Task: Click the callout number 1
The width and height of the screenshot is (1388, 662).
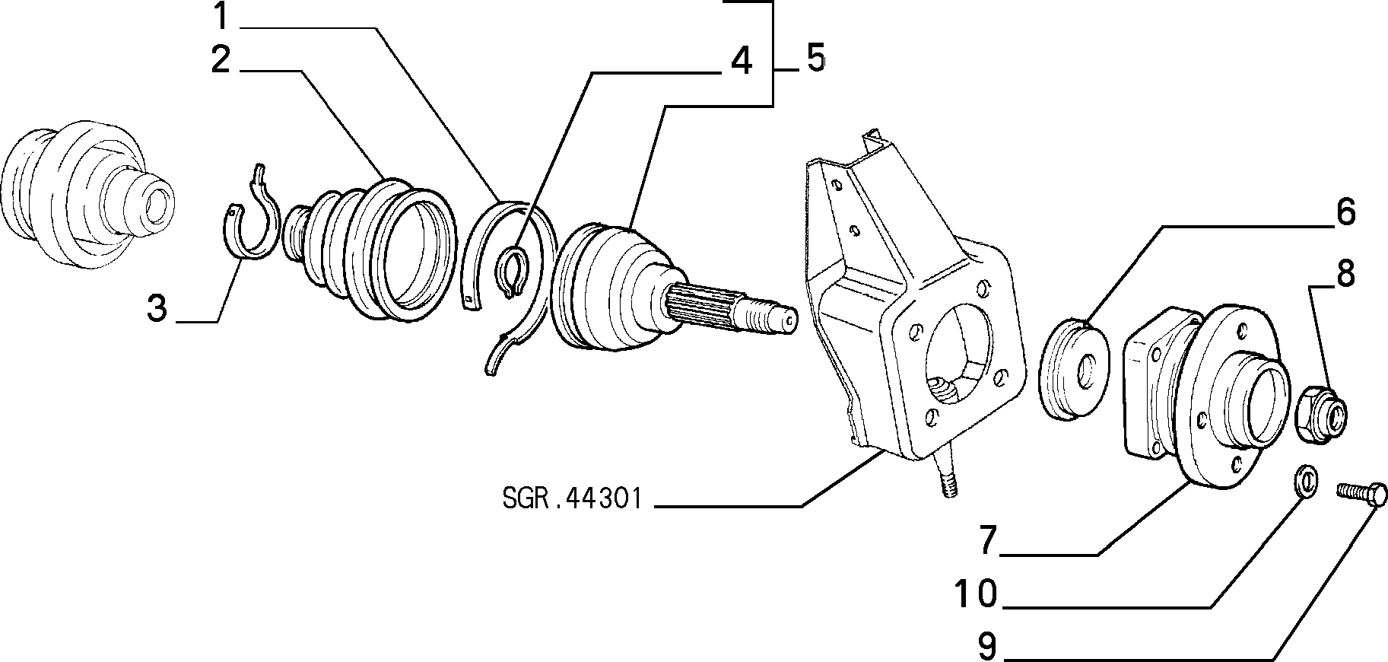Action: click(x=221, y=16)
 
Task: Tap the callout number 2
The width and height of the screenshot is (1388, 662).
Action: click(x=221, y=59)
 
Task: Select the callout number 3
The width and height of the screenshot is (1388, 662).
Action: click(x=157, y=309)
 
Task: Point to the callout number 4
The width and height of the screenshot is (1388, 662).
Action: click(x=740, y=60)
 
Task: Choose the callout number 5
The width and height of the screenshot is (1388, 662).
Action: click(x=815, y=58)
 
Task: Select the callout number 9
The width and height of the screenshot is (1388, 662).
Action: click(x=986, y=647)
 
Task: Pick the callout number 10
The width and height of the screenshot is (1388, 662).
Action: click(x=975, y=594)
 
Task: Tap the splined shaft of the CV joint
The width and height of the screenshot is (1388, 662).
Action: click(x=730, y=308)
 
